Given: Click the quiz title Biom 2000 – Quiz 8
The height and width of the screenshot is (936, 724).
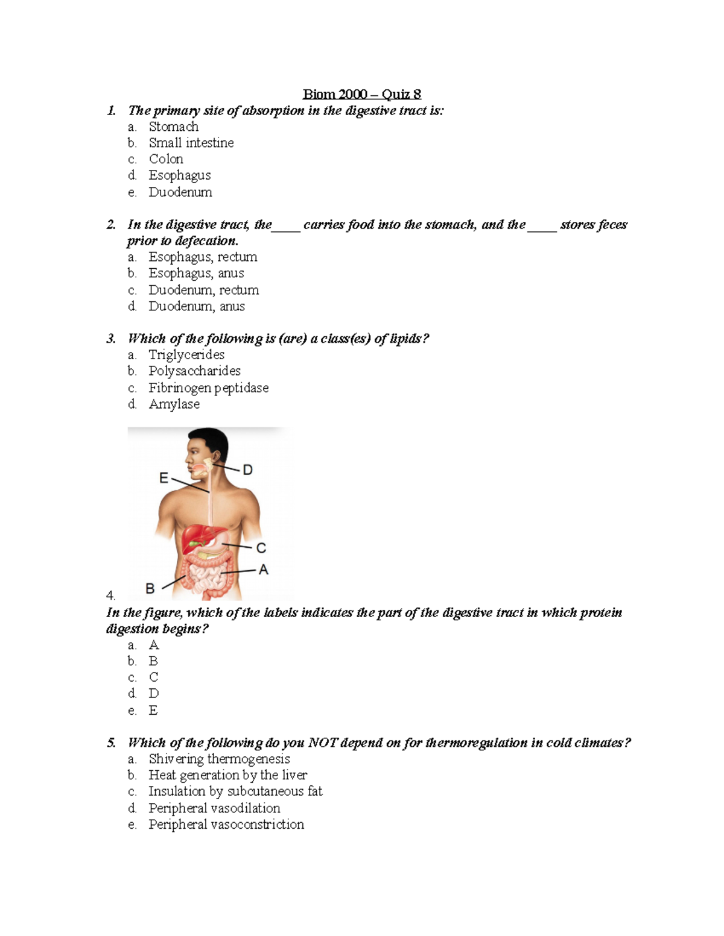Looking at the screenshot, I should tap(361, 94).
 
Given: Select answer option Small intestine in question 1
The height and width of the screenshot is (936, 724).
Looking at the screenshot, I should tap(191, 143).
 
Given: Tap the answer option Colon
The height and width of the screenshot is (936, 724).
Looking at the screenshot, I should tap(166, 159).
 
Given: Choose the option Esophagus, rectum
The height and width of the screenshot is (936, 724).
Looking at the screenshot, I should tap(203, 257).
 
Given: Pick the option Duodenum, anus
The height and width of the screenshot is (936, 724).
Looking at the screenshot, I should tap(196, 306).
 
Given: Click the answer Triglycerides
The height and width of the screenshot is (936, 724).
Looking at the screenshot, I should tap(186, 355).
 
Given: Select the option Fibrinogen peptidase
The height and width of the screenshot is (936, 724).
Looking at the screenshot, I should tap(208, 388).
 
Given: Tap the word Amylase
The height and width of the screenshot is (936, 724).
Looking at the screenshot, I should tap(174, 404).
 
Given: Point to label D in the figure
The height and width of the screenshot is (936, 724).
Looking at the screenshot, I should tap(247, 470).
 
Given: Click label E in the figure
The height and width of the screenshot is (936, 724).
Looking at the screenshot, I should tap(164, 478).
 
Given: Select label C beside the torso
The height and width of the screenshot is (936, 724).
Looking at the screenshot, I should tap(261, 548).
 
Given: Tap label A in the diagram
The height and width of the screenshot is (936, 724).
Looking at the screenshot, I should tap(263, 570).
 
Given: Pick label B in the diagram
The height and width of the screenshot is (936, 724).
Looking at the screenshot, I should tap(150, 588).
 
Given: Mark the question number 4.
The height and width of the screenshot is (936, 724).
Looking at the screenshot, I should tap(110, 595).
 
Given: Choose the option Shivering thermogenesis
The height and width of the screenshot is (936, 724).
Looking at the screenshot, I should tap(219, 759).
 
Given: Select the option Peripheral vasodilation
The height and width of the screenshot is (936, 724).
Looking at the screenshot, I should tap(214, 808).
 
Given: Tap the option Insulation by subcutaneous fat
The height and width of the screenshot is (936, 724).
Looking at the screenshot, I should tap(235, 791).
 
